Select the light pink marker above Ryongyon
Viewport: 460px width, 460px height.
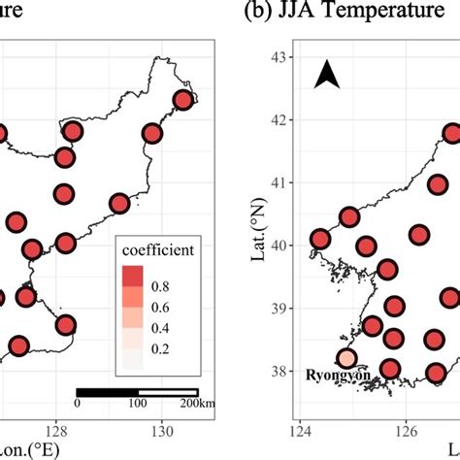346,358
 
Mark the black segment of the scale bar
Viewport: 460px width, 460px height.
107,392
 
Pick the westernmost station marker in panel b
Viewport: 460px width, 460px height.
320,239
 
